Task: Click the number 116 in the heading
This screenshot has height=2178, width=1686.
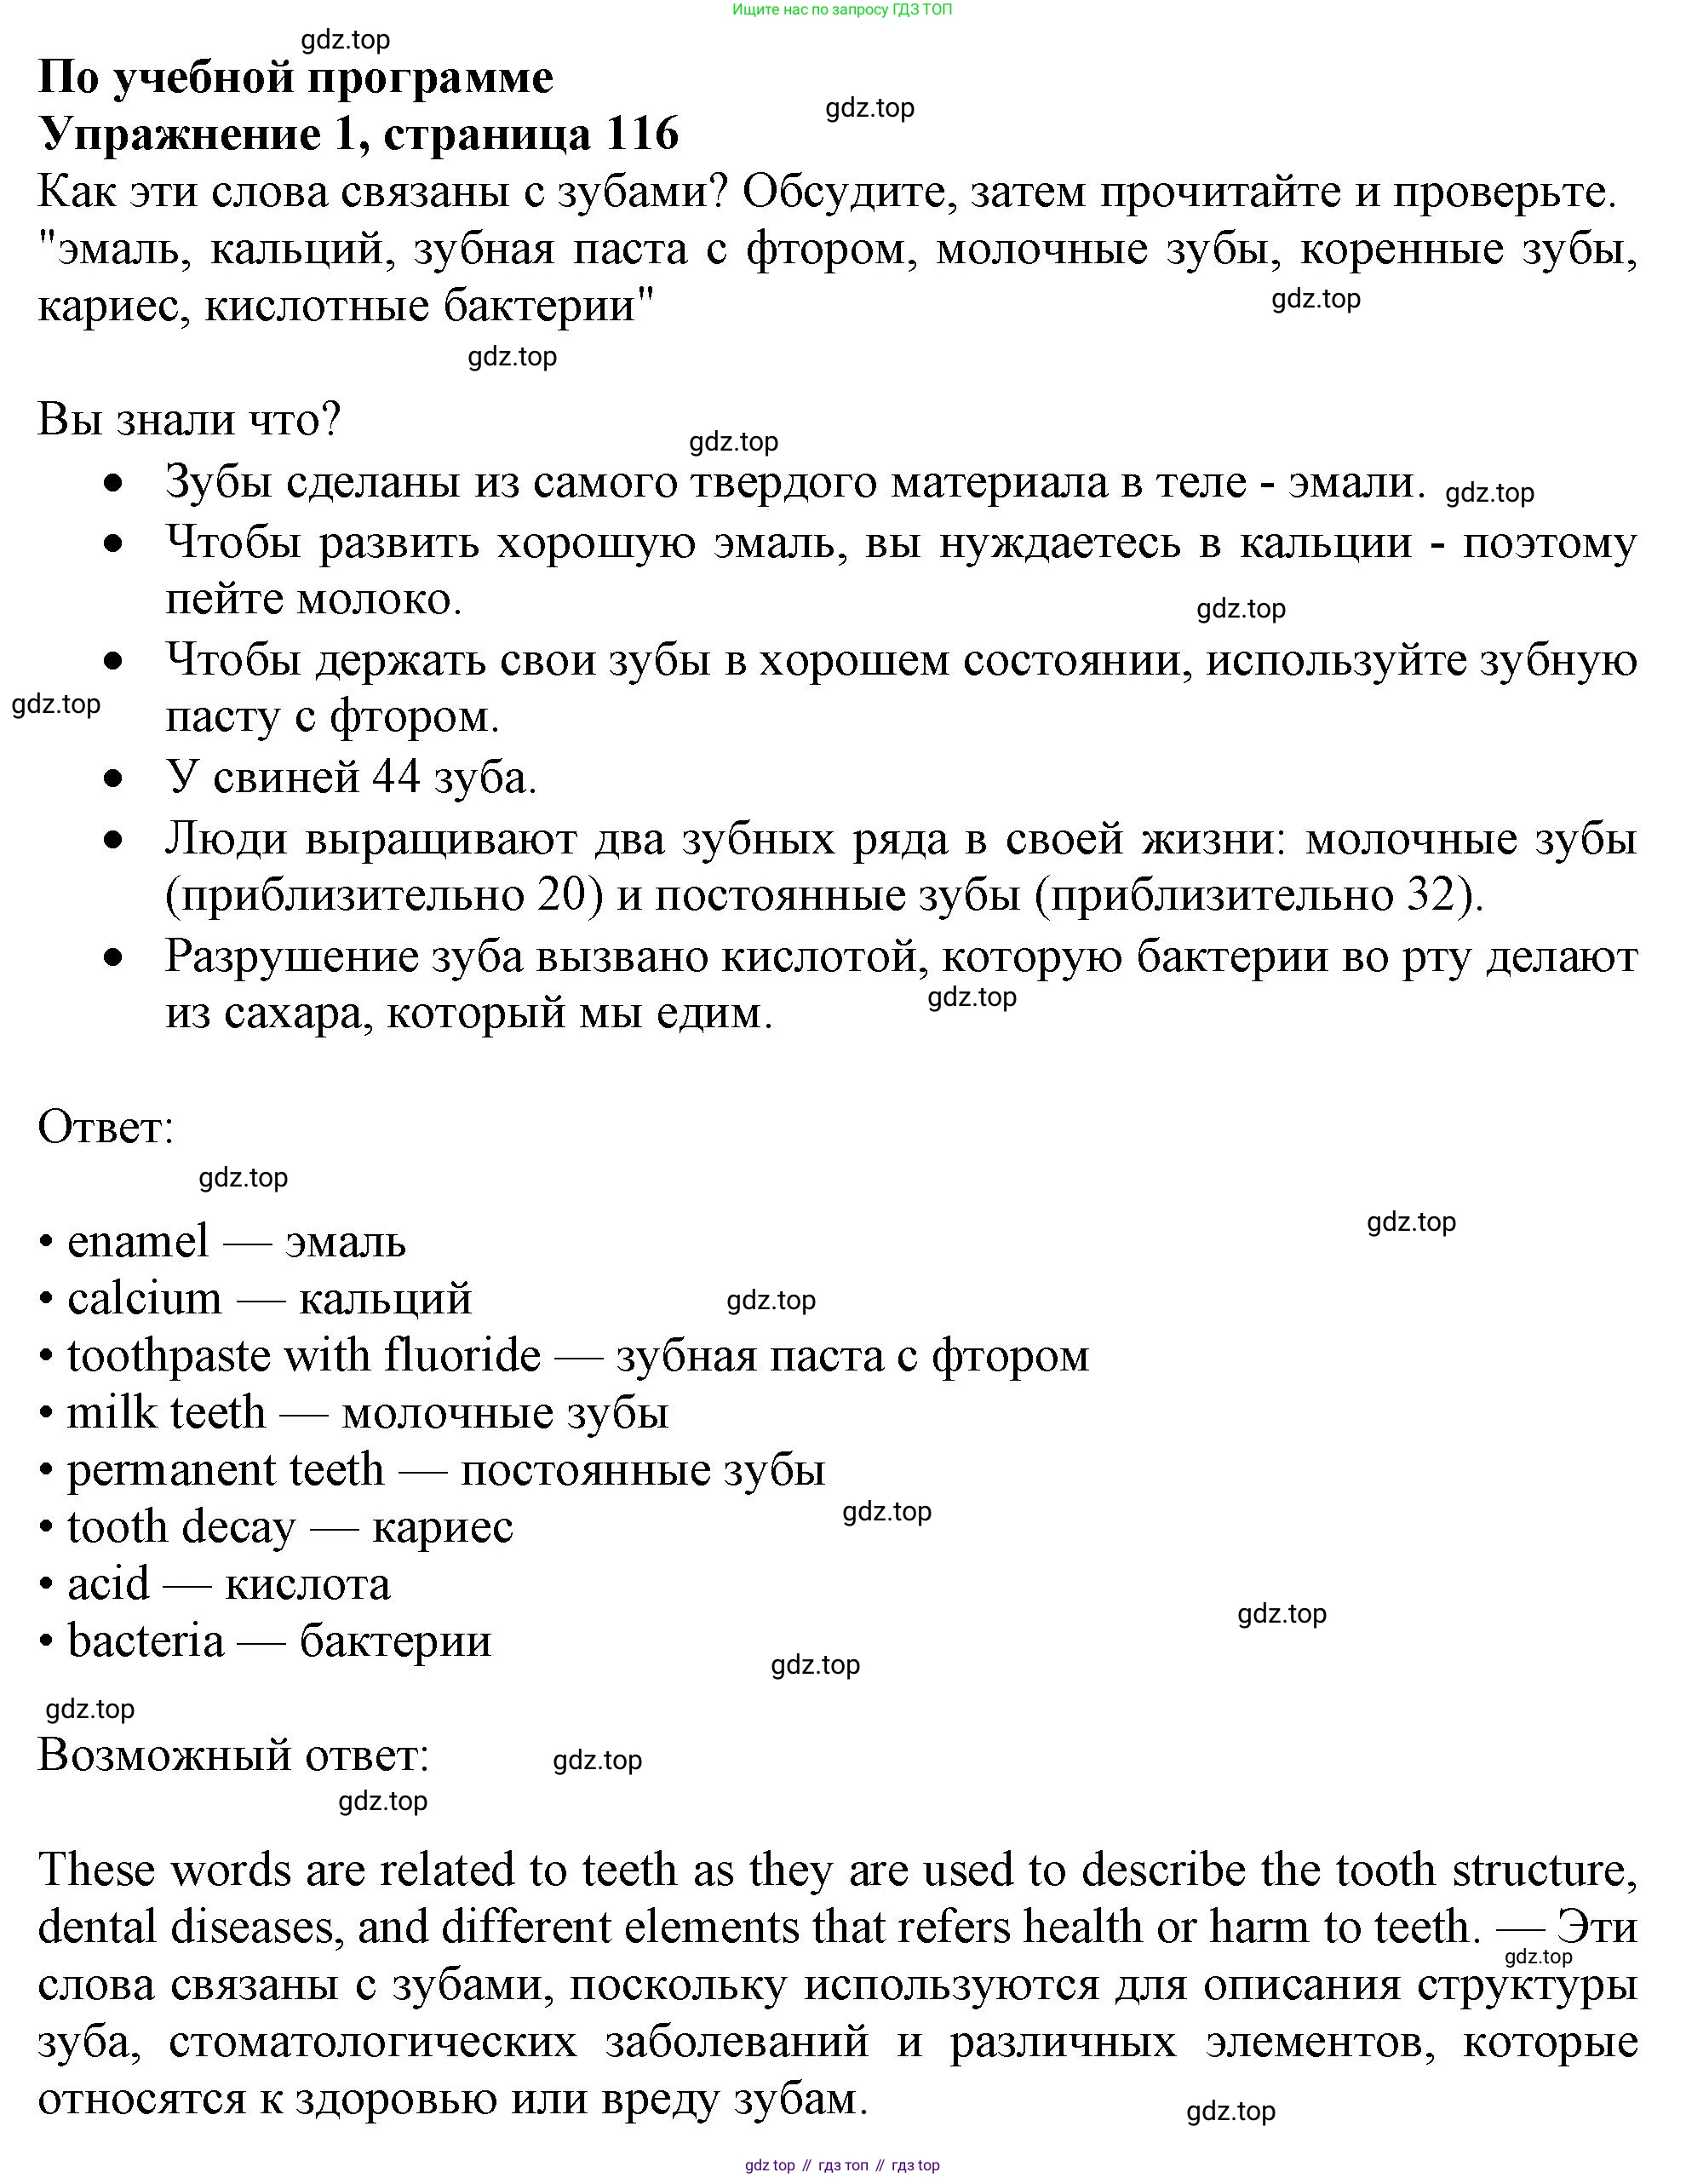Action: coord(641,133)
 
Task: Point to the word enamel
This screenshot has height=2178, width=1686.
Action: coord(138,1243)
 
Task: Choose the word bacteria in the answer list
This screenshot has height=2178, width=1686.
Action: coord(146,1641)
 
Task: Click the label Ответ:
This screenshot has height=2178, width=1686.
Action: coord(106,1128)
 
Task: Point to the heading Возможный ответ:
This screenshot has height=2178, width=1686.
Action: coord(233,1754)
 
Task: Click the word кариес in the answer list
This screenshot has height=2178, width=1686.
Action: coord(443,1528)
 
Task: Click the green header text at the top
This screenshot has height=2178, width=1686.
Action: coord(842,10)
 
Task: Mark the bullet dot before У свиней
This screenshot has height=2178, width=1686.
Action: coord(115,778)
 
